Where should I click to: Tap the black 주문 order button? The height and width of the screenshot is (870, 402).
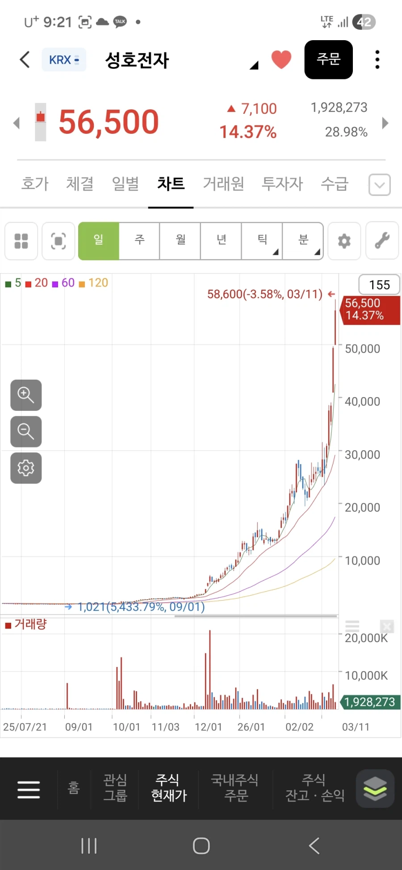point(328,60)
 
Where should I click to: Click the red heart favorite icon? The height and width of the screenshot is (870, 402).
point(281,59)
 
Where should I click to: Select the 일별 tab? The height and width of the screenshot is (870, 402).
point(125,183)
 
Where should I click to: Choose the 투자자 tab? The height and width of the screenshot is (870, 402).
point(282,183)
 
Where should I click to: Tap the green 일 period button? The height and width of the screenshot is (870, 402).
point(99,241)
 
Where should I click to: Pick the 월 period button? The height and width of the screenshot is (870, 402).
point(180,241)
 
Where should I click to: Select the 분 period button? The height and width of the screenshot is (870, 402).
point(303,241)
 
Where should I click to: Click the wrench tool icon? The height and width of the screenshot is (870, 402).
point(382,241)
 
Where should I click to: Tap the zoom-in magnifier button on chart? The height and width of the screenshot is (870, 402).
point(26,395)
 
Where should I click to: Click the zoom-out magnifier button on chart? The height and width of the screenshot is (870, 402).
point(26,431)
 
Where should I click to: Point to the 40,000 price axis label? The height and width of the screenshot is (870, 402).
point(362,402)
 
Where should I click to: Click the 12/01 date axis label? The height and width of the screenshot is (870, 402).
point(208,727)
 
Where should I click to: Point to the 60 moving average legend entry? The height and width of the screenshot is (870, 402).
point(64,283)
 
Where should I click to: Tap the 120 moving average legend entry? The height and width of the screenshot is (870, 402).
point(94,283)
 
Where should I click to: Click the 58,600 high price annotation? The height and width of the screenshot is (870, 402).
point(264,294)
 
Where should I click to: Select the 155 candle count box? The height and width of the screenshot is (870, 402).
point(379,285)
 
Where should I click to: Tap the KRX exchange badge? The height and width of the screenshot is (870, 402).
point(64,60)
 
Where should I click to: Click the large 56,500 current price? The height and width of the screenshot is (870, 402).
point(109,122)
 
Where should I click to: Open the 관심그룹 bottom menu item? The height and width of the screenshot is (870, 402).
point(115,788)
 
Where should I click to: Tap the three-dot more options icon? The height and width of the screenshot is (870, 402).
point(377,60)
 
